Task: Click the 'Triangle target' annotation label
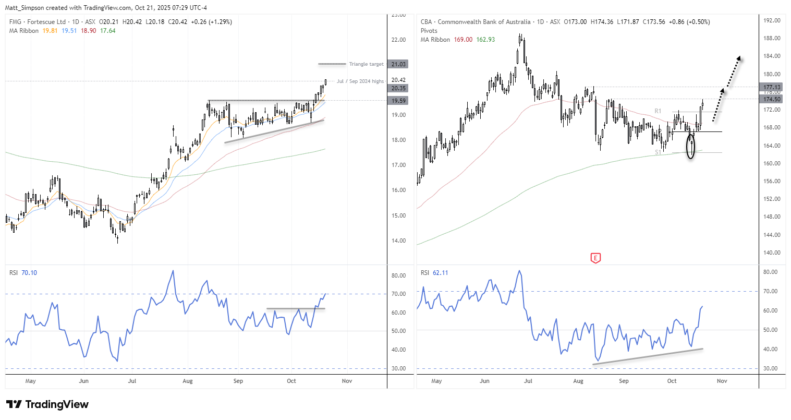pos(366,64)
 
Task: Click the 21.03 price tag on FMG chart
pos(398,64)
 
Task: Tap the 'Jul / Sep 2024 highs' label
pos(360,81)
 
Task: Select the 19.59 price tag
pos(398,101)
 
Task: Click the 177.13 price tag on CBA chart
pos(772,87)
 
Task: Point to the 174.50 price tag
pos(772,99)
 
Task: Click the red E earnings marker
pos(595,258)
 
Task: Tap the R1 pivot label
pos(658,111)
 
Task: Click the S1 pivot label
pos(658,152)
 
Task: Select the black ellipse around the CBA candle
pos(691,146)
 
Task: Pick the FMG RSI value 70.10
pos(29,273)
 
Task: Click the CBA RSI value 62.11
pos(441,273)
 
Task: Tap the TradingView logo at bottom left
pos(47,404)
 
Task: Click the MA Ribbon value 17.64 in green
pos(108,31)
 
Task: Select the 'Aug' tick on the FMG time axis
pos(188,381)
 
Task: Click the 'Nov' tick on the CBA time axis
pos(722,381)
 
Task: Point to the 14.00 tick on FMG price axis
pos(399,241)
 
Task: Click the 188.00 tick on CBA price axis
pos(772,39)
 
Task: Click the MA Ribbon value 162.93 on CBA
pos(485,40)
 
